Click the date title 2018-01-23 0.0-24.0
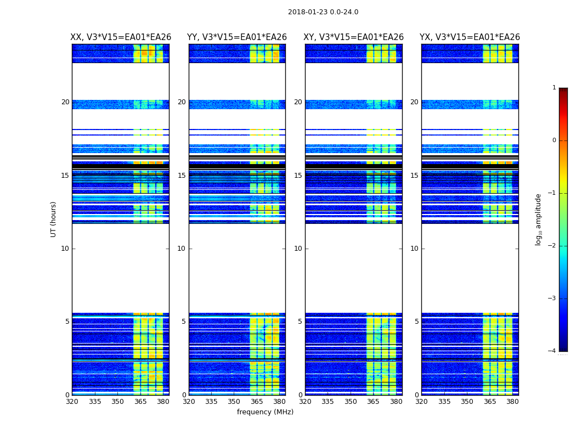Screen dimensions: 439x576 [323, 12]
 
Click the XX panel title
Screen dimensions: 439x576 [121, 37]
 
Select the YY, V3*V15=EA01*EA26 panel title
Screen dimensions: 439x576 [237, 37]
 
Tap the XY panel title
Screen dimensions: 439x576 [354, 37]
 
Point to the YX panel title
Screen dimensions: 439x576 [470, 37]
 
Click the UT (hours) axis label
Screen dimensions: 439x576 [54, 219]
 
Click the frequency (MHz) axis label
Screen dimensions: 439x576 [265, 412]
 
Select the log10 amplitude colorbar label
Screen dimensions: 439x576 [539, 219]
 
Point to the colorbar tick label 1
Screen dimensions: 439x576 [554, 88]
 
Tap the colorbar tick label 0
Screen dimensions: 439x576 [554, 140]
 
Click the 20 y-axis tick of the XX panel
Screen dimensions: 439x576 [65, 102]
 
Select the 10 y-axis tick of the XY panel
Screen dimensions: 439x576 [298, 249]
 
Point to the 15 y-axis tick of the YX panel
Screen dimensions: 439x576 [414, 176]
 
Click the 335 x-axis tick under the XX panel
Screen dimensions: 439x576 [95, 402]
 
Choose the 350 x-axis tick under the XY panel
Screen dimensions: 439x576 [351, 402]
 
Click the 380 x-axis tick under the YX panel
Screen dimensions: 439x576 [512, 402]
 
